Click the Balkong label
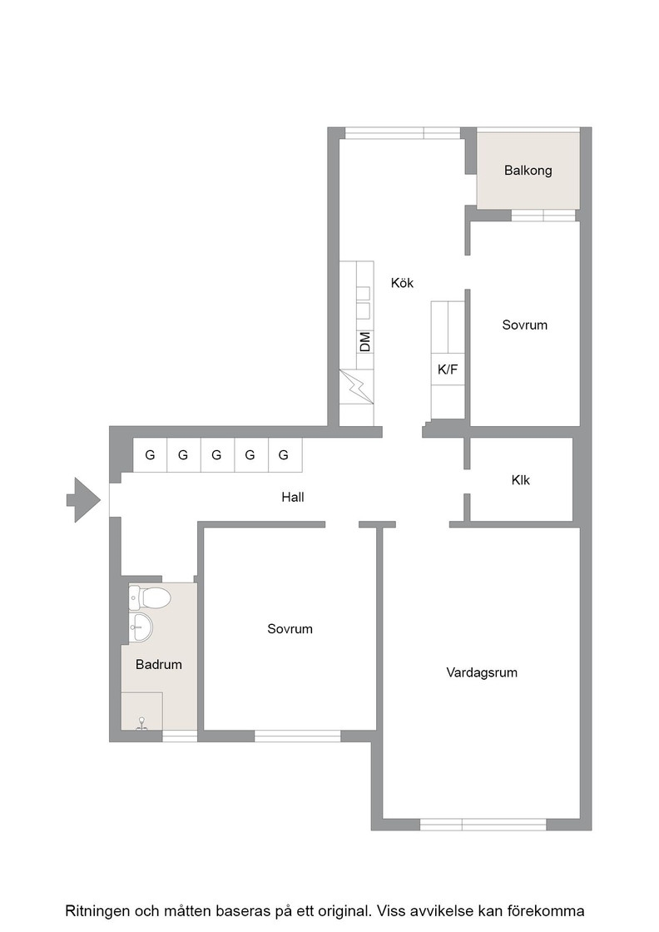[528, 171]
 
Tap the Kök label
[402, 283]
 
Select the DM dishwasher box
[364, 342]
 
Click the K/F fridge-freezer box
[448, 369]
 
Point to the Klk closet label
[521, 479]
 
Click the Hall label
[293, 497]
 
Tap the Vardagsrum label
[482, 673]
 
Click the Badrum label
[159, 665]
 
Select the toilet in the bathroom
[150, 597]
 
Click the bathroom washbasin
[141, 627]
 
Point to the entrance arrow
[83, 500]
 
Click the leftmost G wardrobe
[150, 455]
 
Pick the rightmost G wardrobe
[284, 455]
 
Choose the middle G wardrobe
[217, 455]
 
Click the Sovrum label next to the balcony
[525, 325]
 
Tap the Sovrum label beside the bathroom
[290, 629]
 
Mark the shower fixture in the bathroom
[142, 723]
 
